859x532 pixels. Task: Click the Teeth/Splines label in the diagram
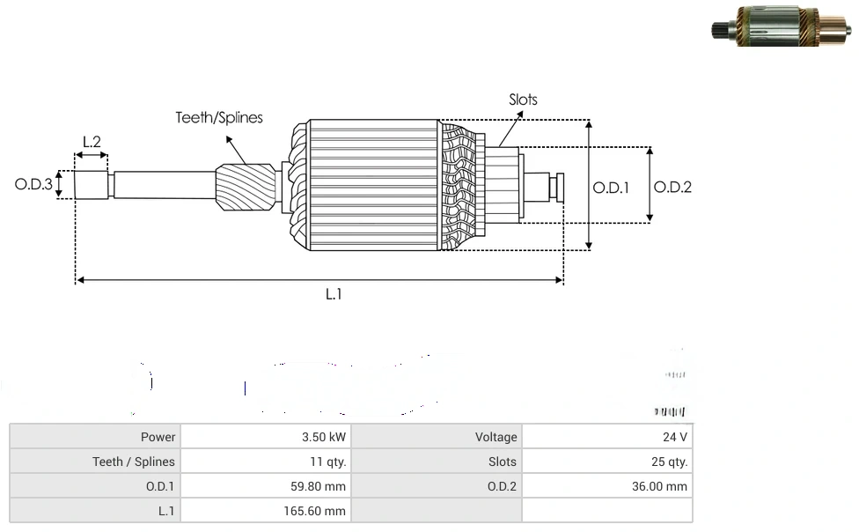click(x=219, y=117)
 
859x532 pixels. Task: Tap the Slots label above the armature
click(x=523, y=100)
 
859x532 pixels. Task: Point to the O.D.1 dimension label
click(x=611, y=187)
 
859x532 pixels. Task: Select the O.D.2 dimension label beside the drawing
click(x=672, y=187)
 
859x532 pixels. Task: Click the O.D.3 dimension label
click(x=34, y=185)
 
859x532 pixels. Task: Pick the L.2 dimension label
click(x=92, y=141)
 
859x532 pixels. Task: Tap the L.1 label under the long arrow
click(x=334, y=295)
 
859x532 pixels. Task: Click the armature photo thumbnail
click(x=780, y=26)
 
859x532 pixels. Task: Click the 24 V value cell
click(x=675, y=437)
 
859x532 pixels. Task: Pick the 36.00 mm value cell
click(x=660, y=486)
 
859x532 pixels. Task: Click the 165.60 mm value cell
click(x=314, y=511)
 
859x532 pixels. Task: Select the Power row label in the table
click(x=158, y=437)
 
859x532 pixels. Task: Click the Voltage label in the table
click(x=496, y=437)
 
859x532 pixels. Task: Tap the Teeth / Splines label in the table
click(x=134, y=462)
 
